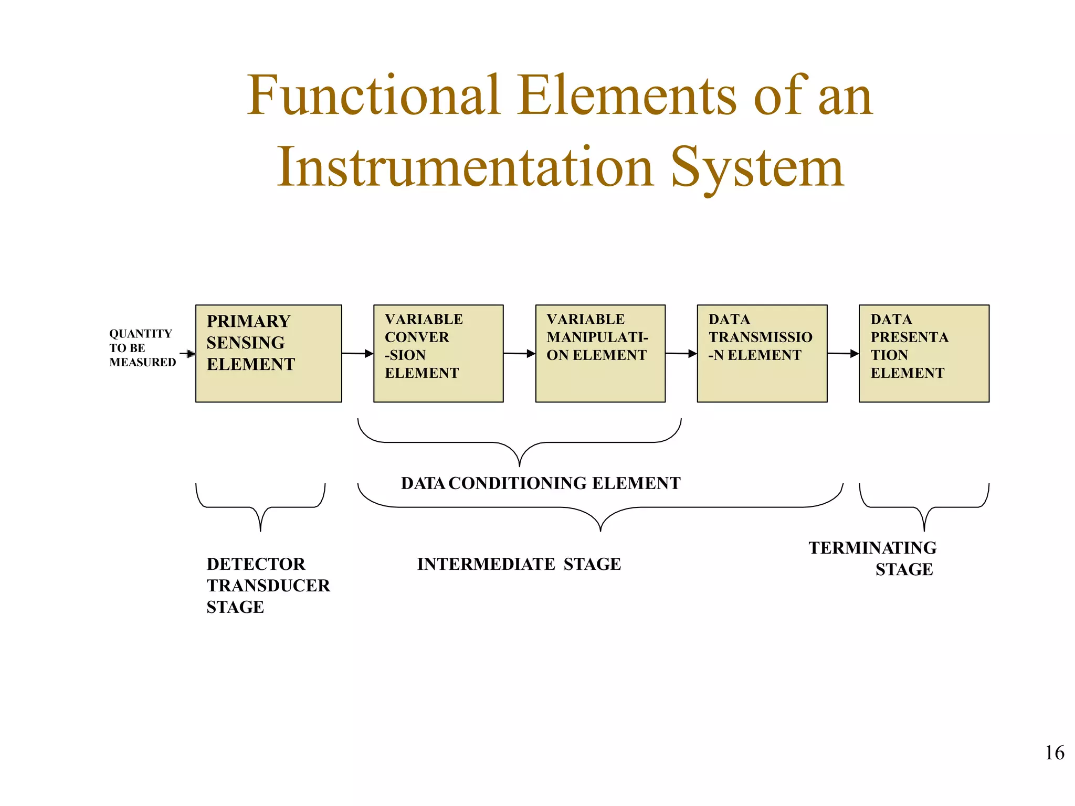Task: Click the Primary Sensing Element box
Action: (x=268, y=353)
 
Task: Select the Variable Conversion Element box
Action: (x=438, y=353)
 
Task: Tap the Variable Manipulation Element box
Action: (x=600, y=353)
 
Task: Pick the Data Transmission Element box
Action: (x=762, y=353)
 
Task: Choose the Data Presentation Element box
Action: (x=924, y=353)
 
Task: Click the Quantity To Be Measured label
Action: (x=142, y=348)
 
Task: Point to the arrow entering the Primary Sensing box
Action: (x=188, y=354)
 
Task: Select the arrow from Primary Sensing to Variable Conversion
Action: (x=357, y=354)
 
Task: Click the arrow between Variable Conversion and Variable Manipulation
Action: (x=519, y=354)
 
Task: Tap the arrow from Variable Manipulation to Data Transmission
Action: (x=681, y=354)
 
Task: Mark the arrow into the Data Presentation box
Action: (x=843, y=354)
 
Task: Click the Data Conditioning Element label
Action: (x=541, y=483)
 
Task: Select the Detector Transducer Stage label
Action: (x=268, y=585)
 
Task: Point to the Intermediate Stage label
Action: (x=519, y=564)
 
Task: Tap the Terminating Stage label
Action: (x=872, y=558)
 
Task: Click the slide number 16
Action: (x=1054, y=753)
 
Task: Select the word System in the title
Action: (x=757, y=167)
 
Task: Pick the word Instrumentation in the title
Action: (x=465, y=167)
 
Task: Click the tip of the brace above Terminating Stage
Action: (x=924, y=530)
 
